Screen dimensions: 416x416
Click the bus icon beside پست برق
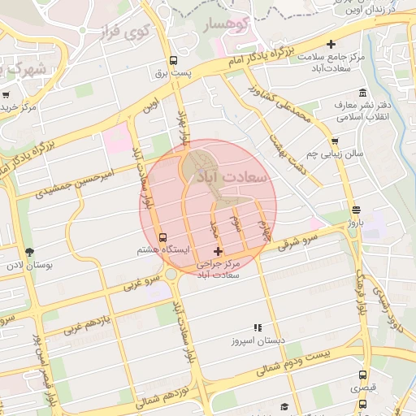172,60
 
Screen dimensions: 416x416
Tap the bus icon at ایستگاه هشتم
163,238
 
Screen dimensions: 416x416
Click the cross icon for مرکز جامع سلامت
330,44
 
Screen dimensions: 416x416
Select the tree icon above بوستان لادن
31,252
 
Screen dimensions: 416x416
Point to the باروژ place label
358,221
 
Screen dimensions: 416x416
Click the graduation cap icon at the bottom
284,406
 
